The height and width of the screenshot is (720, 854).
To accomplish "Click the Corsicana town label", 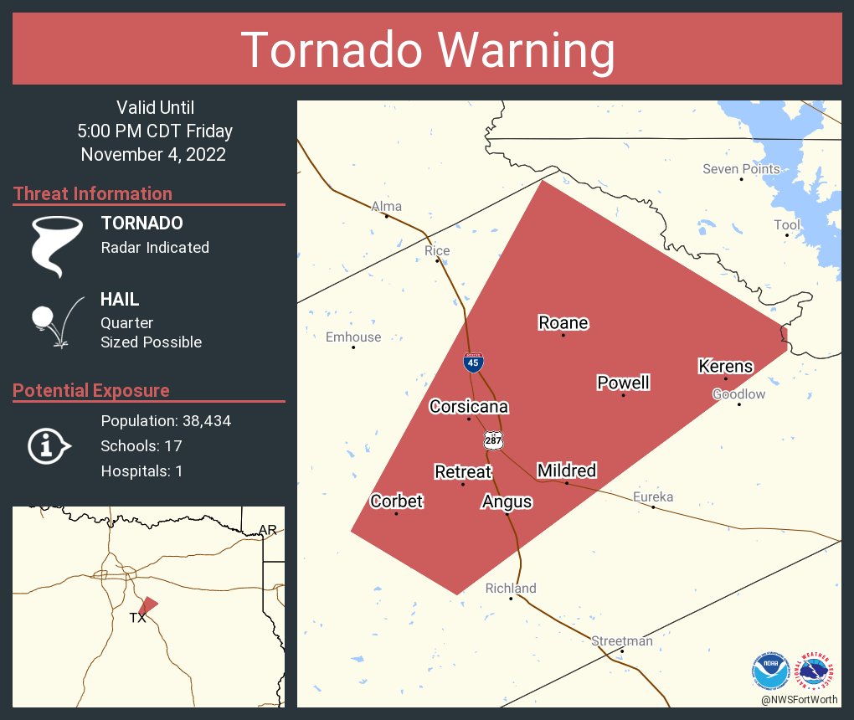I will tap(469, 407).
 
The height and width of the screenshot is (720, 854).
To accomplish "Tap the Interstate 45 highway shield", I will tap(473, 363).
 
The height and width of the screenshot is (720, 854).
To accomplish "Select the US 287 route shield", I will tap(492, 440).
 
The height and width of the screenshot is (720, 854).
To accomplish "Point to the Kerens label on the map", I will tap(726, 367).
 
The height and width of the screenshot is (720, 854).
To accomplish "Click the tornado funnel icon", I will tap(57, 245).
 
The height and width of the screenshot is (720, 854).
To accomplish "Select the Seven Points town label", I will tap(741, 169).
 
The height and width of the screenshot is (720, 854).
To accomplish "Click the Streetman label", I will tap(621, 641).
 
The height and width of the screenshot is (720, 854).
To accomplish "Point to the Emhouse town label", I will tap(352, 337).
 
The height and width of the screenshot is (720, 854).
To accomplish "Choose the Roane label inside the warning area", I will tap(563, 323).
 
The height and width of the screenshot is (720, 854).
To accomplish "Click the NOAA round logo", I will tap(770, 671).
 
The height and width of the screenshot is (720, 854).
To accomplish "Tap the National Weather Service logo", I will tap(815, 671).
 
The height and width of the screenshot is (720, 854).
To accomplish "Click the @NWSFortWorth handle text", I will tap(799, 699).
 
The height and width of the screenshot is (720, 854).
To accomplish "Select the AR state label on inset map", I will tap(267, 530).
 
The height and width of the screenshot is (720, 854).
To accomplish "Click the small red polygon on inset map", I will tap(147, 604).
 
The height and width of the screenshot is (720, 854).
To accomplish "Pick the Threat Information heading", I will tap(93, 194).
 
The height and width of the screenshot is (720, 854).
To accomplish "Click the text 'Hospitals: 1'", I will tap(141, 471).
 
